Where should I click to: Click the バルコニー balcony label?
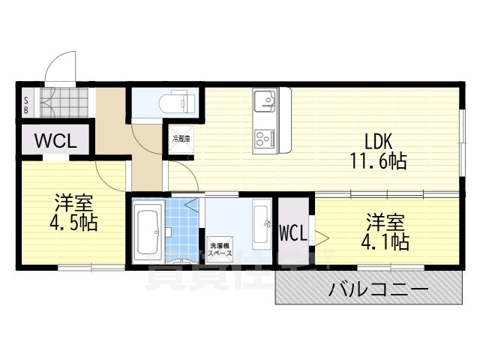pyautogui.click(x=378, y=289)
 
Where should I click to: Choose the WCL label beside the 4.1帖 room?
pyautogui.click(x=293, y=234)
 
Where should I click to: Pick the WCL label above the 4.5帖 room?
pyautogui.click(x=53, y=140)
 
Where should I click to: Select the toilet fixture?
pyautogui.click(x=175, y=101)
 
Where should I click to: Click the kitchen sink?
pyautogui.click(x=265, y=101)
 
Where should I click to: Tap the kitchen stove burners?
pyautogui.click(x=266, y=138)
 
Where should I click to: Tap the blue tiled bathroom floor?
pyautogui.click(x=183, y=225)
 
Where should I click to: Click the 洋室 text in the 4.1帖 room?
pyautogui.click(x=385, y=222)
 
